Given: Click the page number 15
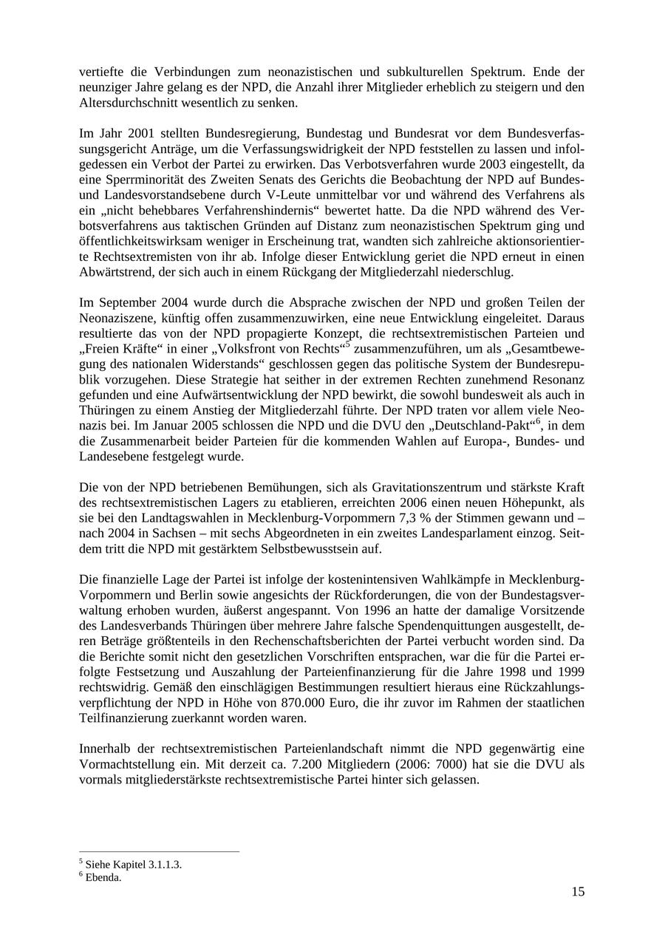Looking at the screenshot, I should click(x=577, y=892).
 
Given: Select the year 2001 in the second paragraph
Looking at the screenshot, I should click(x=141, y=133).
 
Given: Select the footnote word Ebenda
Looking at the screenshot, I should click(x=103, y=878).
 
